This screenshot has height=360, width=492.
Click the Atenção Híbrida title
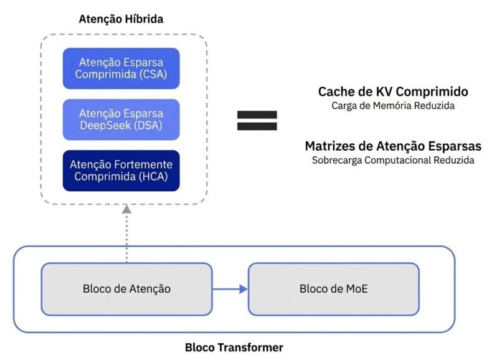point(121,19)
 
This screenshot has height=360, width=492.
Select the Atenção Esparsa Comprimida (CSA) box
point(121,69)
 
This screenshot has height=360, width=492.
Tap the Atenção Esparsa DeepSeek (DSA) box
point(121,120)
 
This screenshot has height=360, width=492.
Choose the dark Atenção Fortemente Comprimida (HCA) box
point(121,171)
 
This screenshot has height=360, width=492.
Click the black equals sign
point(257,121)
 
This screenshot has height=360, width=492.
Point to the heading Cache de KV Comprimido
point(393,92)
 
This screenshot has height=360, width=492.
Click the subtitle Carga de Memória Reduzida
point(393,106)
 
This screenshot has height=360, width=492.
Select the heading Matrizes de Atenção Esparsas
point(393,146)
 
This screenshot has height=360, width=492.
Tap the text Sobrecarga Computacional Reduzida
point(393,161)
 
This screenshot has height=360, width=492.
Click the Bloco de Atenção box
point(127,289)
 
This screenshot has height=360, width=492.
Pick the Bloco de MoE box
point(334,289)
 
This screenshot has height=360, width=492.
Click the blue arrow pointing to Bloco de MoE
point(230,289)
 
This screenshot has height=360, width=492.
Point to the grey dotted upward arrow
point(126,234)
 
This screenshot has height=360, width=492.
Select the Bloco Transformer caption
point(234,348)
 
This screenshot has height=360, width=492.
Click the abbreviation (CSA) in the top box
point(153,74)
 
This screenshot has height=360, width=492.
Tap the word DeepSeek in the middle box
point(105,126)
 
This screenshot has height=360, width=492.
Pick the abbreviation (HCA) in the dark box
point(153,176)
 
